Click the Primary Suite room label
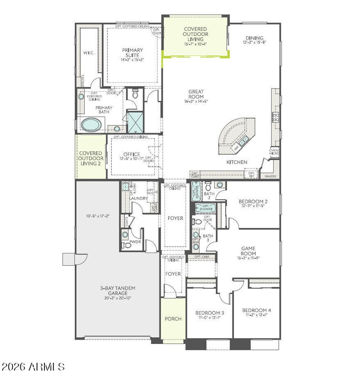pos(133,53)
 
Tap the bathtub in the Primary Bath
pos(91,124)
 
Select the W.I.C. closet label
pos(88,53)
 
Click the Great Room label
pos(196,94)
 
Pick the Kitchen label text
pos(236,162)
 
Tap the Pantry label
pos(270,176)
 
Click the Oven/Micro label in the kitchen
pos(274,152)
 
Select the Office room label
pos(131,154)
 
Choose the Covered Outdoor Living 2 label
pos(91,158)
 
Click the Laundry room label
pos(139,198)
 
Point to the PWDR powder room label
pos(135,242)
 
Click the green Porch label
pos(173,319)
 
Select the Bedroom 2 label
pos(253,201)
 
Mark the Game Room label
pos(248,251)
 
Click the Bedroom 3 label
pos(210,313)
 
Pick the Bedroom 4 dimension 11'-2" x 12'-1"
pos(256,315)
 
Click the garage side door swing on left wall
pos(81,259)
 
